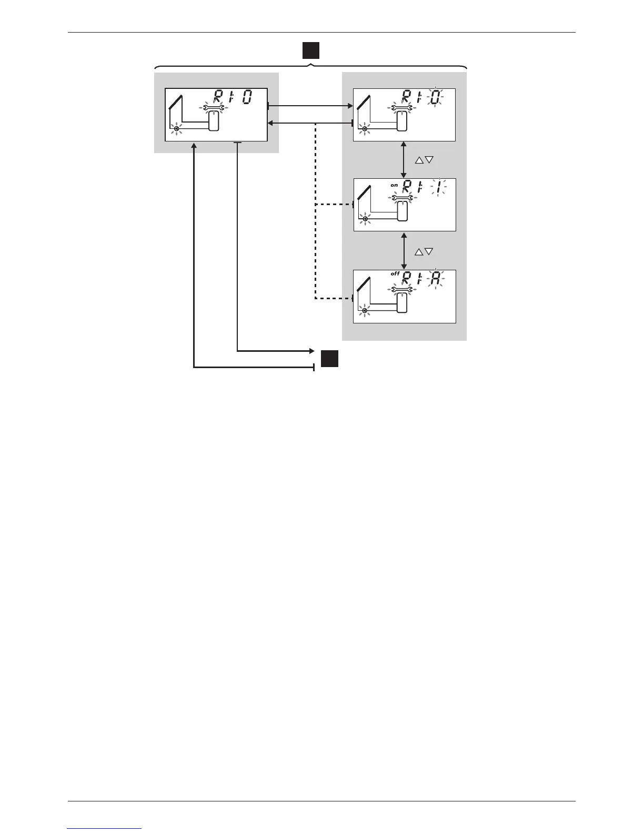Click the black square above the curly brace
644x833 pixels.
[x=311, y=50]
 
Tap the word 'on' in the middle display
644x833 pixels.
[x=394, y=185]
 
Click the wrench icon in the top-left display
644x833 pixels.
[x=214, y=108]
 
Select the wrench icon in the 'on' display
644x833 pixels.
[x=402, y=198]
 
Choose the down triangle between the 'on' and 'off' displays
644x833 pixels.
[x=429, y=252]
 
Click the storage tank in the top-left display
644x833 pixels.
[x=214, y=123]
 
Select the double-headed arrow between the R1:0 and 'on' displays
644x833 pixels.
[x=404, y=159]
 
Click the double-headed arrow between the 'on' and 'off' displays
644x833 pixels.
[x=404, y=251]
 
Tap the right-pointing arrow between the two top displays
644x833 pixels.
[x=310, y=106]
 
